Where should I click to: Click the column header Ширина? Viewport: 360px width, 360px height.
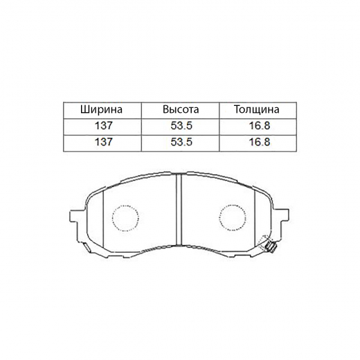pos(102,110)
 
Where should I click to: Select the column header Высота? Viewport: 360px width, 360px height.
pos(180,110)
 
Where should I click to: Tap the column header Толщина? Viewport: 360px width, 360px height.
pos(256,110)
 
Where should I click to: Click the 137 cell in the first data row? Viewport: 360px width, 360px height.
pos(102,125)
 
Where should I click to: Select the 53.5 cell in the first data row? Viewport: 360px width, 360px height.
pos(180,125)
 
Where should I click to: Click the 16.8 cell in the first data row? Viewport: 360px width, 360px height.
pos(256,125)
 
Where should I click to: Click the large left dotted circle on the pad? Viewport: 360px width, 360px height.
pos(125,217)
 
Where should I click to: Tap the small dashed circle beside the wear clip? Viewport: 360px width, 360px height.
pos(264,243)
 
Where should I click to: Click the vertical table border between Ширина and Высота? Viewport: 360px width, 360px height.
pos(141,125)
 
